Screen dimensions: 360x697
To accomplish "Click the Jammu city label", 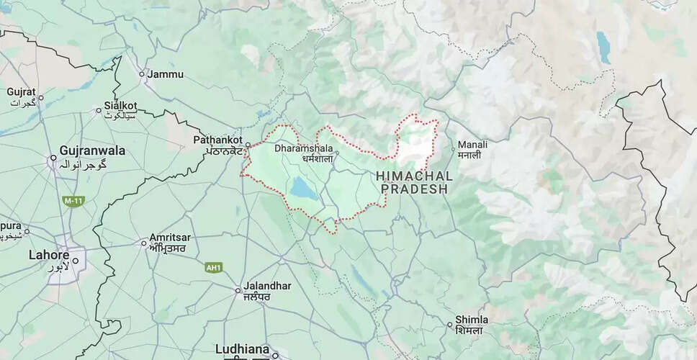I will click(165, 74).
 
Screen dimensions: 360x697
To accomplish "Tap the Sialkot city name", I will click(120, 105).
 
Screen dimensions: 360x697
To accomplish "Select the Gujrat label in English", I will click(21, 92).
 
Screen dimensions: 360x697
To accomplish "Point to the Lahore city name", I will click(48, 255).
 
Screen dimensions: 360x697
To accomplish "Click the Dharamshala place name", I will click(299, 148).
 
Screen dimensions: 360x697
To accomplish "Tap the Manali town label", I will click(472, 145).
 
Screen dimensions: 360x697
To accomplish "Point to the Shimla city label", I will click(472, 319).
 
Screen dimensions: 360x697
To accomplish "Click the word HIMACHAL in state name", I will click(414, 176).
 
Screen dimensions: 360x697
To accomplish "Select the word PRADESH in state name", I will click(414, 189).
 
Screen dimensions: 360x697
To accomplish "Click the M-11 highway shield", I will click(70, 199).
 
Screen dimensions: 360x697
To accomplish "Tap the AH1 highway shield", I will click(214, 267).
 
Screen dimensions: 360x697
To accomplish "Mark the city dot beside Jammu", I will click(141, 73).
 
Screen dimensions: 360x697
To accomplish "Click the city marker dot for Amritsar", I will click(143, 243).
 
